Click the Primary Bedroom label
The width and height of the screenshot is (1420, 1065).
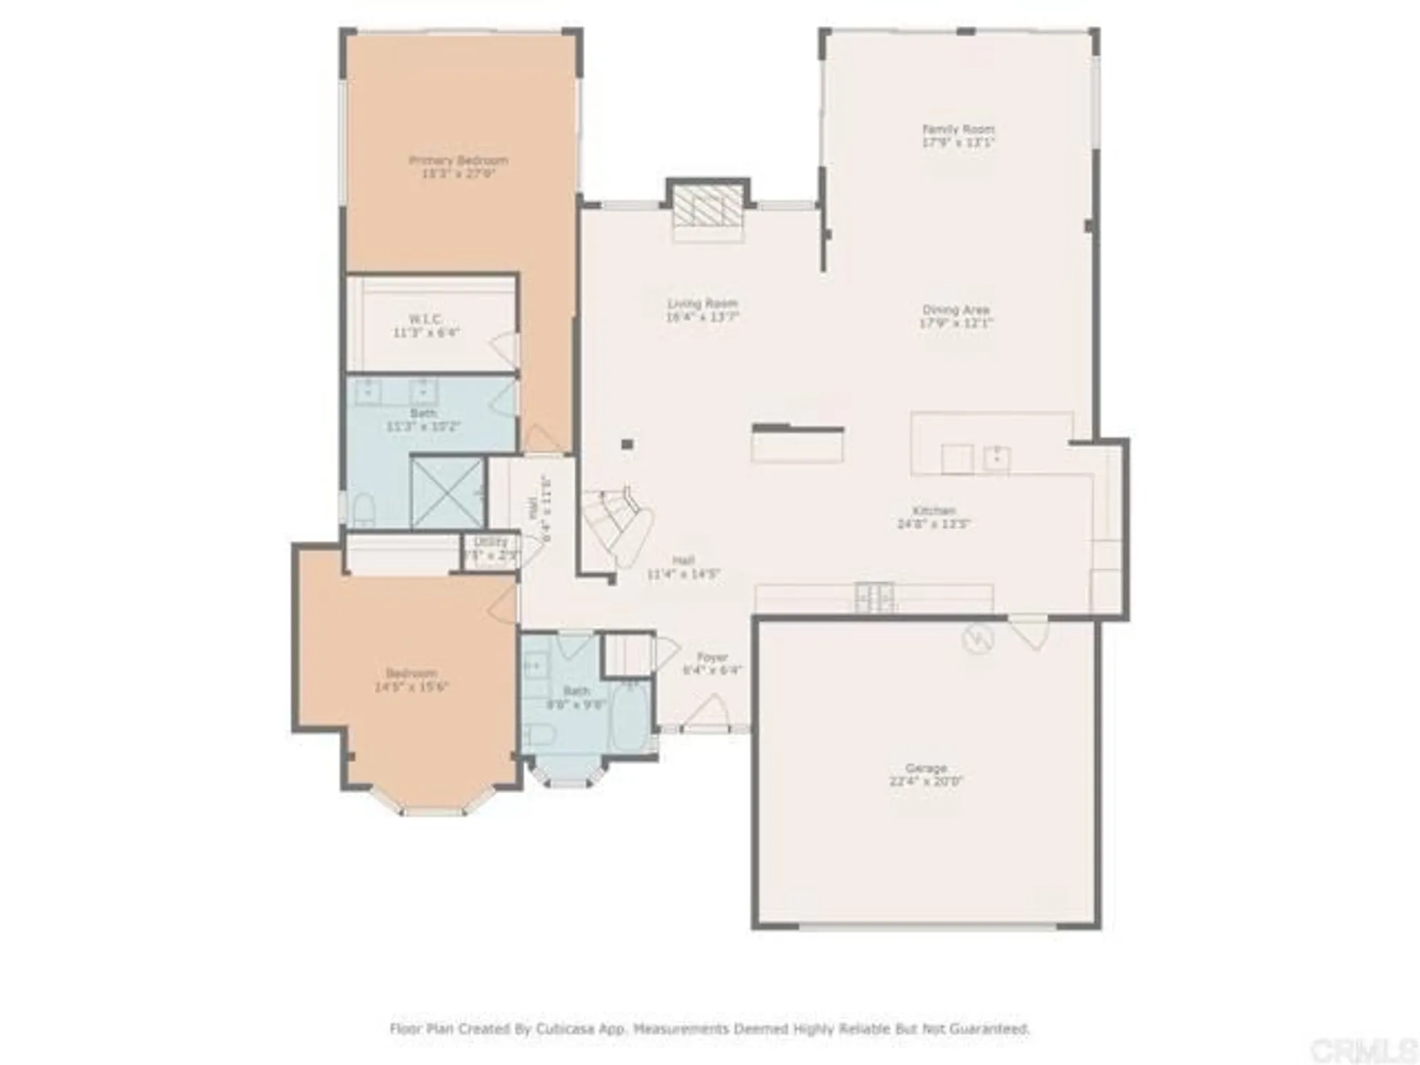tap(459, 166)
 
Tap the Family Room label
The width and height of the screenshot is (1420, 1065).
tap(958, 135)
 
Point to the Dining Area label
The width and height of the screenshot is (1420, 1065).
tap(956, 316)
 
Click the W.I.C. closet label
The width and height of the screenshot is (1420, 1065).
tap(426, 325)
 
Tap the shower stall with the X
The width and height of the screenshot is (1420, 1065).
tap(447, 493)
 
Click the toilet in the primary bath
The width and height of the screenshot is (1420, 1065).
tap(364, 510)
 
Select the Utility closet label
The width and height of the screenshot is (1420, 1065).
tap(491, 548)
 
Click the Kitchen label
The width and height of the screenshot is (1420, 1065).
tap(934, 517)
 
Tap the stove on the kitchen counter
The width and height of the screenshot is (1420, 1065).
tap(875, 596)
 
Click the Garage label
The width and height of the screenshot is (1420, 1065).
tap(926, 775)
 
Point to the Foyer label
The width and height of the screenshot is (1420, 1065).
tap(712, 663)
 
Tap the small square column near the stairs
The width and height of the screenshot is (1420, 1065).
tap(627, 445)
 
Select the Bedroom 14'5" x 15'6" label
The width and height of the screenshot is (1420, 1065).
tap(411, 679)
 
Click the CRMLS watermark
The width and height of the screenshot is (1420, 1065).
tap(1362, 1049)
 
